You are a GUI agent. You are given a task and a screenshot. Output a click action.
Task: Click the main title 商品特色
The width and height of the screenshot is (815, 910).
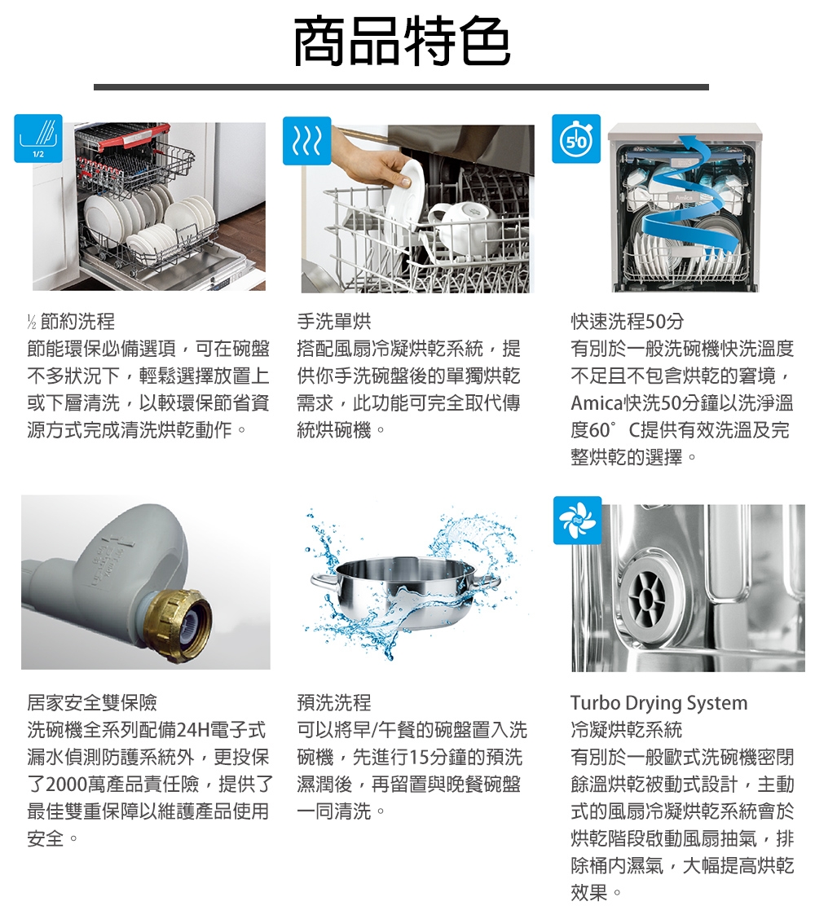[402, 41]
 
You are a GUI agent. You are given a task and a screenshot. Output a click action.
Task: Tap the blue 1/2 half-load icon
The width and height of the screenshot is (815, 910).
[38, 138]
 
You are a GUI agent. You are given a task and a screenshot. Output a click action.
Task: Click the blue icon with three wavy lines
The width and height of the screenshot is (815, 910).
[307, 140]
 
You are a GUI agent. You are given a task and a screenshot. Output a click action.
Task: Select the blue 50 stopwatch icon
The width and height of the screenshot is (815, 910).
[576, 138]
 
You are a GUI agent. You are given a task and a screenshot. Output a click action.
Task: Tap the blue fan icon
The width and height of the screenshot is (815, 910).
[577, 520]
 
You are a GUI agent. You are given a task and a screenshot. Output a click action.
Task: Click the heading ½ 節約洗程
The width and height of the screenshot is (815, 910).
[71, 321]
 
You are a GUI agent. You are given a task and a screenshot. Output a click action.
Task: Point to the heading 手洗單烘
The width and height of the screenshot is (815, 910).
[334, 321]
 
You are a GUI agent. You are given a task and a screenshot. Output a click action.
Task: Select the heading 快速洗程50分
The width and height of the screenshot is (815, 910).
[627, 321]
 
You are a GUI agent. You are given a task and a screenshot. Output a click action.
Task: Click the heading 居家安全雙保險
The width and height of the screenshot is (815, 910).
[92, 702]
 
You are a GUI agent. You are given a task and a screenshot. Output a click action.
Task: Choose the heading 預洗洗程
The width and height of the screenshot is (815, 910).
[334, 702]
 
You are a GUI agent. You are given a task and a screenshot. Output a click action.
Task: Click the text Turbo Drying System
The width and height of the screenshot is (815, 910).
[659, 703]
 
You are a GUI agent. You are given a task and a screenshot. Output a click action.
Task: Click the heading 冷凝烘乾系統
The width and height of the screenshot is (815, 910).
[627, 729]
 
